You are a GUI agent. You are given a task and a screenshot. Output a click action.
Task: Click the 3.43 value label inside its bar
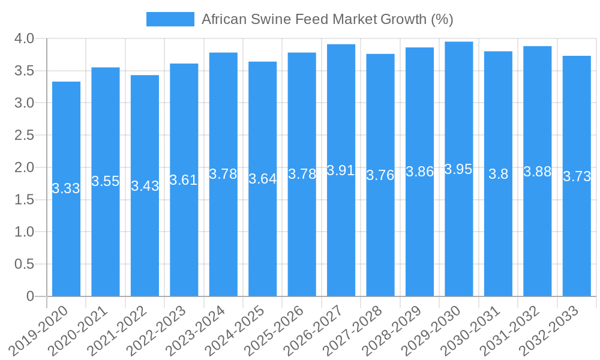click(145, 186)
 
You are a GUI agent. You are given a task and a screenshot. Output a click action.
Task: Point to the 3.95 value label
click(459, 169)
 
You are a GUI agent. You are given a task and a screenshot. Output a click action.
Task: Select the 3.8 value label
click(498, 175)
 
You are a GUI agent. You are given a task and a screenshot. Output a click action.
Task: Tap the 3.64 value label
click(262, 179)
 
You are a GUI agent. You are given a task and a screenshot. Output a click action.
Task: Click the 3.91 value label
click(341, 170)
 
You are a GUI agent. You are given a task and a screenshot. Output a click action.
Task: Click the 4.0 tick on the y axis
click(24, 39)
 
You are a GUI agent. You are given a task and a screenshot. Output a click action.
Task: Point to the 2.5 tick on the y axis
click(24, 136)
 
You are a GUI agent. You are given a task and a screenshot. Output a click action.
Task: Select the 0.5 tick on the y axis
click(24, 264)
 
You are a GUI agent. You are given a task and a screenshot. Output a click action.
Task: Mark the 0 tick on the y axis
click(31, 296)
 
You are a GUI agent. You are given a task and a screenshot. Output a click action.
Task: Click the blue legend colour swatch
click(170, 19)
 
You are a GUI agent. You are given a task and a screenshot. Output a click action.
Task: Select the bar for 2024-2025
click(262, 240)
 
